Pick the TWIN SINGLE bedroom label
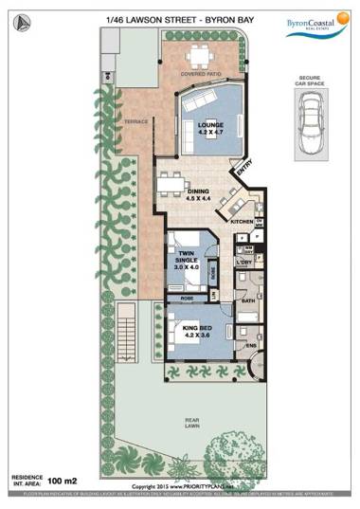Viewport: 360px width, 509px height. click(186, 260)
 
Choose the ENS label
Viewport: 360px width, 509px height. click(250, 346)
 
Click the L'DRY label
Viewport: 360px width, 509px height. click(243, 263)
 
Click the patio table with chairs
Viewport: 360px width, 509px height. click(199, 54)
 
